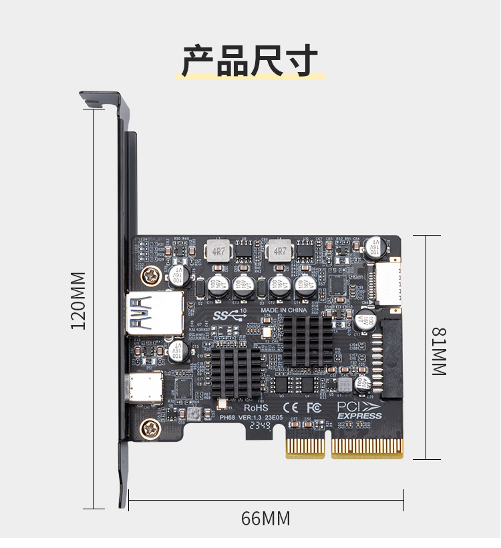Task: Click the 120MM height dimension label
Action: pos(79,300)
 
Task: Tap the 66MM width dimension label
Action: pos(266,518)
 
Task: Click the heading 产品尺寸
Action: pos(251,61)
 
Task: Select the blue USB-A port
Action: pos(155,312)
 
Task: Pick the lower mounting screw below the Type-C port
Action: pos(148,428)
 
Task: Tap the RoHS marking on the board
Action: pos(256,406)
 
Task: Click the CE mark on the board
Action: pos(292,406)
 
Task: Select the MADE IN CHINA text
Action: pos(283,310)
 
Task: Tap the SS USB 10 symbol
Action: pos(230,314)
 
